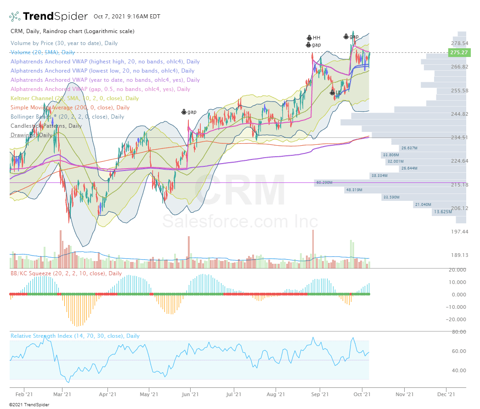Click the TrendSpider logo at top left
point(48,17)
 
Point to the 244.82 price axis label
point(458,114)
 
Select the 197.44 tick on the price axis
point(458,232)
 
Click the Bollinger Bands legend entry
point(67,117)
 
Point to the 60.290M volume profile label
point(324,183)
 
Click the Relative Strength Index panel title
point(75,336)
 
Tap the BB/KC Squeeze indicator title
point(66,273)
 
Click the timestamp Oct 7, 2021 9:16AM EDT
point(127,17)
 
